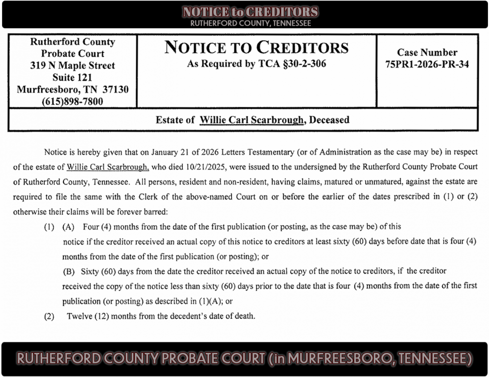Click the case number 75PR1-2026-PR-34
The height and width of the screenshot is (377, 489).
point(427,64)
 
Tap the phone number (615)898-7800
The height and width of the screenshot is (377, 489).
point(72,102)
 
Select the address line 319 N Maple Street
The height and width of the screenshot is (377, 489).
point(72,65)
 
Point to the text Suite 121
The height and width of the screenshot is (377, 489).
point(72,77)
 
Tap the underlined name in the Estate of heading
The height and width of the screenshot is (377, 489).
point(252,120)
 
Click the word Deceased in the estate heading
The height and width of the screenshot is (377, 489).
point(330,120)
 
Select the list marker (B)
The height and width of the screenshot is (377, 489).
point(68,271)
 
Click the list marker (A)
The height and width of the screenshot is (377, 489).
point(68,227)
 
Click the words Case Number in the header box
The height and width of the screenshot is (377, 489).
point(427,52)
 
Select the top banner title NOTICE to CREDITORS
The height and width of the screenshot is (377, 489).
point(250,12)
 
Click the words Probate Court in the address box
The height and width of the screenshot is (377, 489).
point(72,54)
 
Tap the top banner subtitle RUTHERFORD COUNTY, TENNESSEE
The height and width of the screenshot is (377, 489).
point(250,23)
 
